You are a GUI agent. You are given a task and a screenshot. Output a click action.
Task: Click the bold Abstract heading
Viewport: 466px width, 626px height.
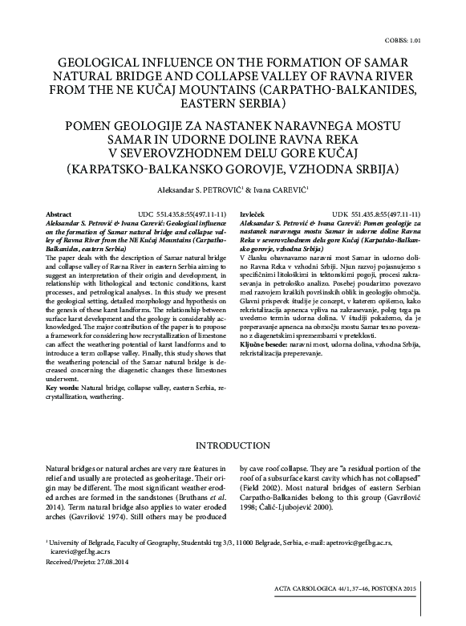click(x=59, y=216)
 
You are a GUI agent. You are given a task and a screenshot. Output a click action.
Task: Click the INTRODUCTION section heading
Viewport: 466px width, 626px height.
click(x=232, y=445)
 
